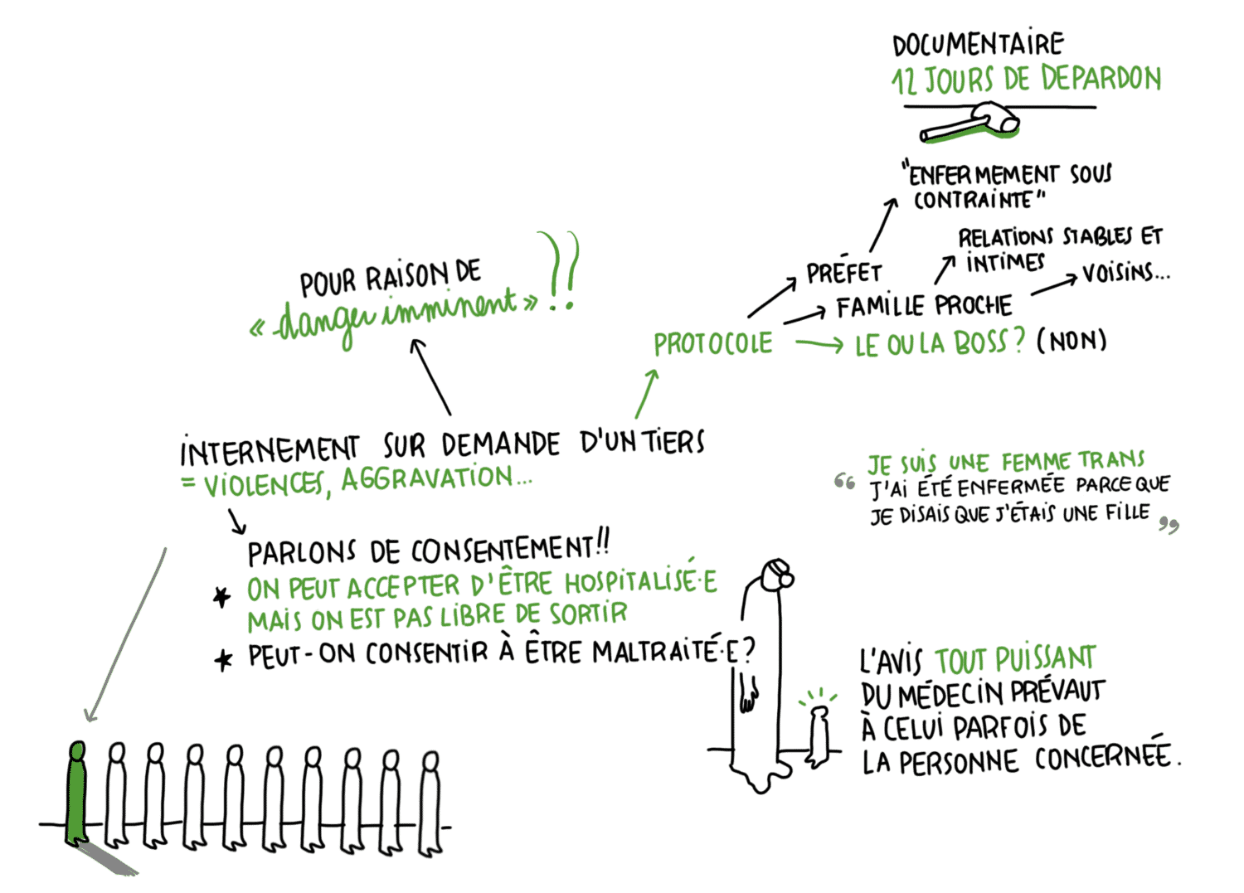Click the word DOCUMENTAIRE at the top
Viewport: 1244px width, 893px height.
point(978,43)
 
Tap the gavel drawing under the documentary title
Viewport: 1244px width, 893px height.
point(969,123)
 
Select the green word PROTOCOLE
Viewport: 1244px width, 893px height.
point(712,343)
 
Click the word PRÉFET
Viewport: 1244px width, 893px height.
point(843,272)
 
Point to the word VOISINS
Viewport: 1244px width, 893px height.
point(1125,273)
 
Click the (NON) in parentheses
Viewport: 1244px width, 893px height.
point(1071,341)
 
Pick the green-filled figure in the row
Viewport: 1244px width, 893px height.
point(76,793)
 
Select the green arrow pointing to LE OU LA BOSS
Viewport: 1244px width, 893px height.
point(819,345)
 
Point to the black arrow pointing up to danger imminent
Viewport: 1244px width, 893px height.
point(431,377)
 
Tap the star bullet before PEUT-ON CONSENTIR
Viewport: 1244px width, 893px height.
point(223,660)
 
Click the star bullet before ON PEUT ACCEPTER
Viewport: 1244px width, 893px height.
point(222,597)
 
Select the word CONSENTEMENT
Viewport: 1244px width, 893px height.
point(503,550)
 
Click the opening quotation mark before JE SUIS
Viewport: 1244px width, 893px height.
point(844,482)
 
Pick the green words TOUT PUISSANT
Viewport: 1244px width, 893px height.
point(1015,659)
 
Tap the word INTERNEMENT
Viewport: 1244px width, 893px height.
point(270,450)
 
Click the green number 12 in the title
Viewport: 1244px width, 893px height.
point(904,82)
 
